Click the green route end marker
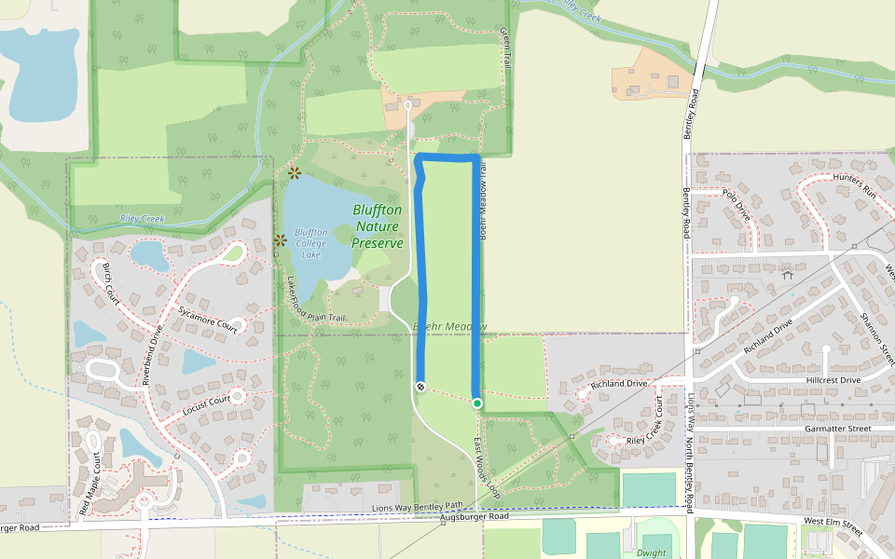pyautogui.click(x=477, y=403)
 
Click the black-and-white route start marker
pyautogui.click(x=420, y=386)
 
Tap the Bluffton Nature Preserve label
pyautogui.click(x=378, y=226)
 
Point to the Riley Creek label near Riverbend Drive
pyautogui.click(x=142, y=219)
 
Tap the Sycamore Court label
pyautogui.click(x=208, y=317)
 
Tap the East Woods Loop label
pyautogui.click(x=488, y=467)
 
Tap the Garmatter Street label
pyautogui.click(x=836, y=429)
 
